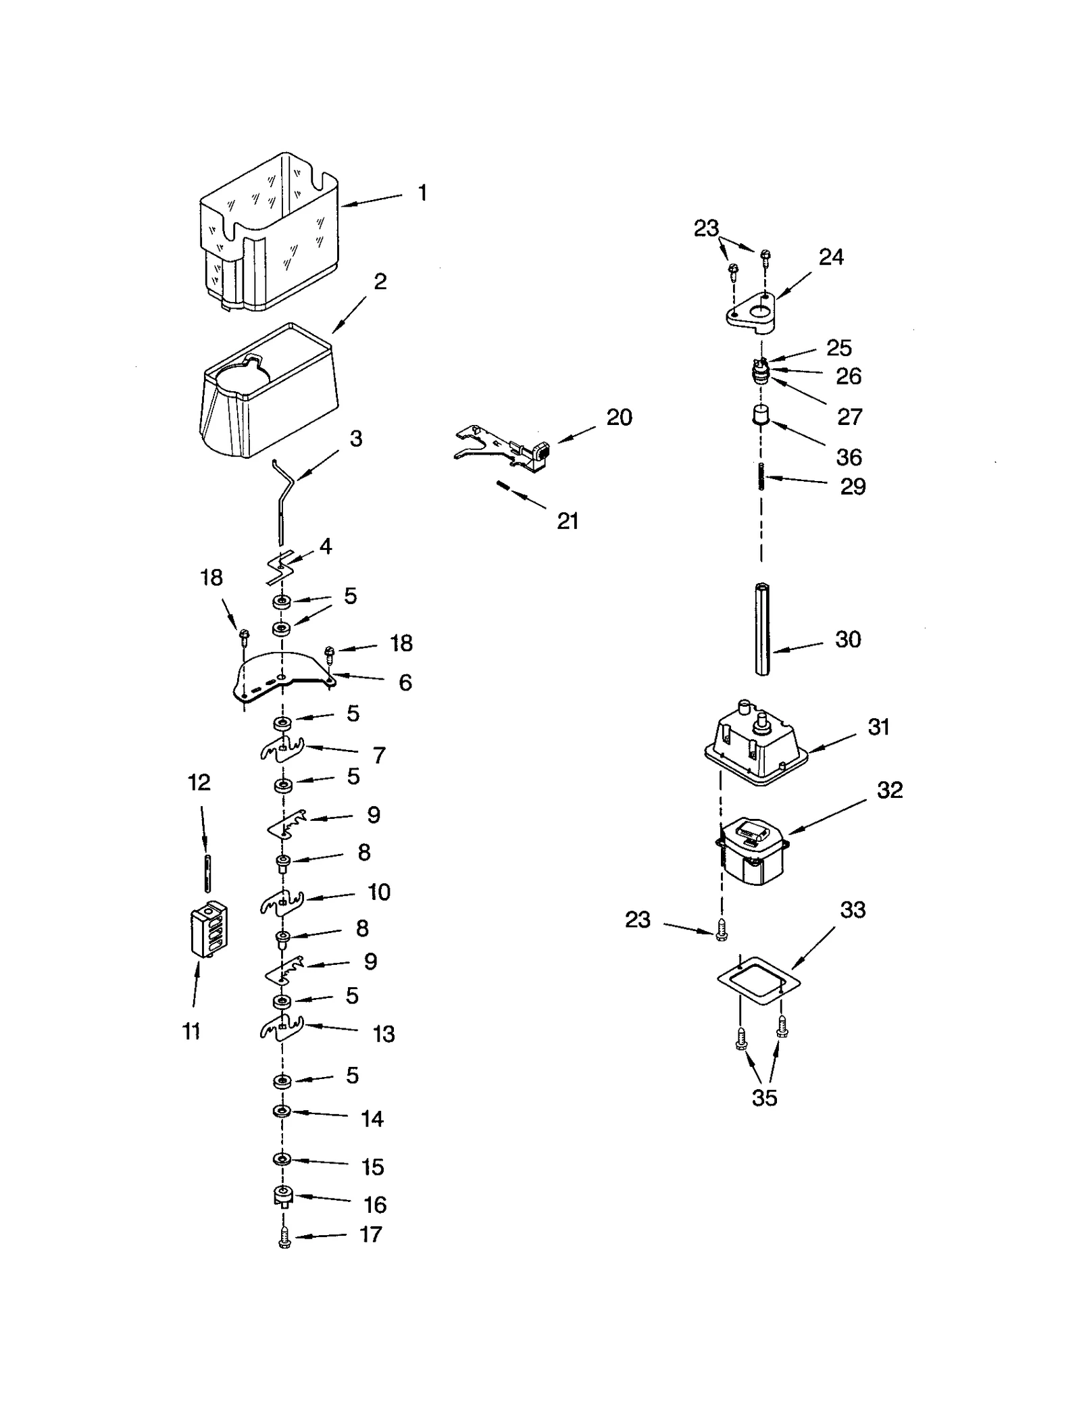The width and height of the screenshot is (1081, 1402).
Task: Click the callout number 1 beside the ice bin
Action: pos(422,193)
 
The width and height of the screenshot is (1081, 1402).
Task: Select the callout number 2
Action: pos(380,282)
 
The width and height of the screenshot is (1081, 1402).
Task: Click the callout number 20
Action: pos(619,418)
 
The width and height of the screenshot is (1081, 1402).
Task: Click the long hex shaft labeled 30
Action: pos(762,628)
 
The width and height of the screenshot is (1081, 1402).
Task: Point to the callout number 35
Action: pos(764,1098)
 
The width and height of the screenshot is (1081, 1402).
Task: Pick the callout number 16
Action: pos(375,1205)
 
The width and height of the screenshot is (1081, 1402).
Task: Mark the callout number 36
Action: pos(849,457)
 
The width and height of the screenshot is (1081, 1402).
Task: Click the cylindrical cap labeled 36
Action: pos(761,414)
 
